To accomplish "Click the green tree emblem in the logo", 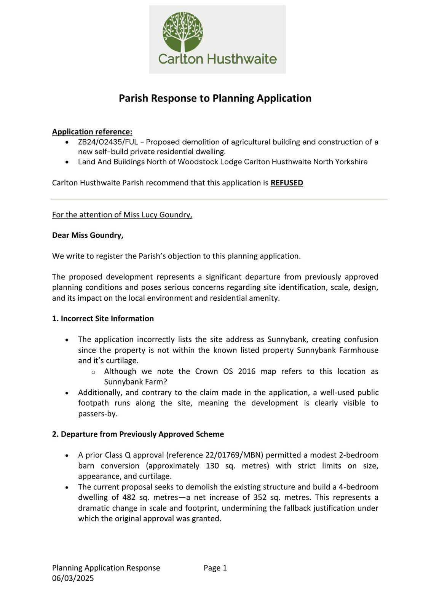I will pyautogui.click(x=183, y=32).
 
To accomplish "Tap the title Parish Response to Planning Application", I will pyautogui.click(x=215, y=98).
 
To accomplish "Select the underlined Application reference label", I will pyautogui.click(x=92, y=132).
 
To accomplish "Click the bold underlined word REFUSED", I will pyautogui.click(x=287, y=183).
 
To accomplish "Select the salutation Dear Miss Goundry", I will pyautogui.click(x=88, y=235).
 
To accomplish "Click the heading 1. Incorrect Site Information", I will pyautogui.click(x=103, y=319).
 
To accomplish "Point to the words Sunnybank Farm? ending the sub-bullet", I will pyautogui.click(x=136, y=382).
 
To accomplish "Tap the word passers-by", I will pyautogui.click(x=98, y=414).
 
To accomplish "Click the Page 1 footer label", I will pyautogui.click(x=215, y=568).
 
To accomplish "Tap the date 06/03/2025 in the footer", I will pyautogui.click(x=73, y=578).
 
